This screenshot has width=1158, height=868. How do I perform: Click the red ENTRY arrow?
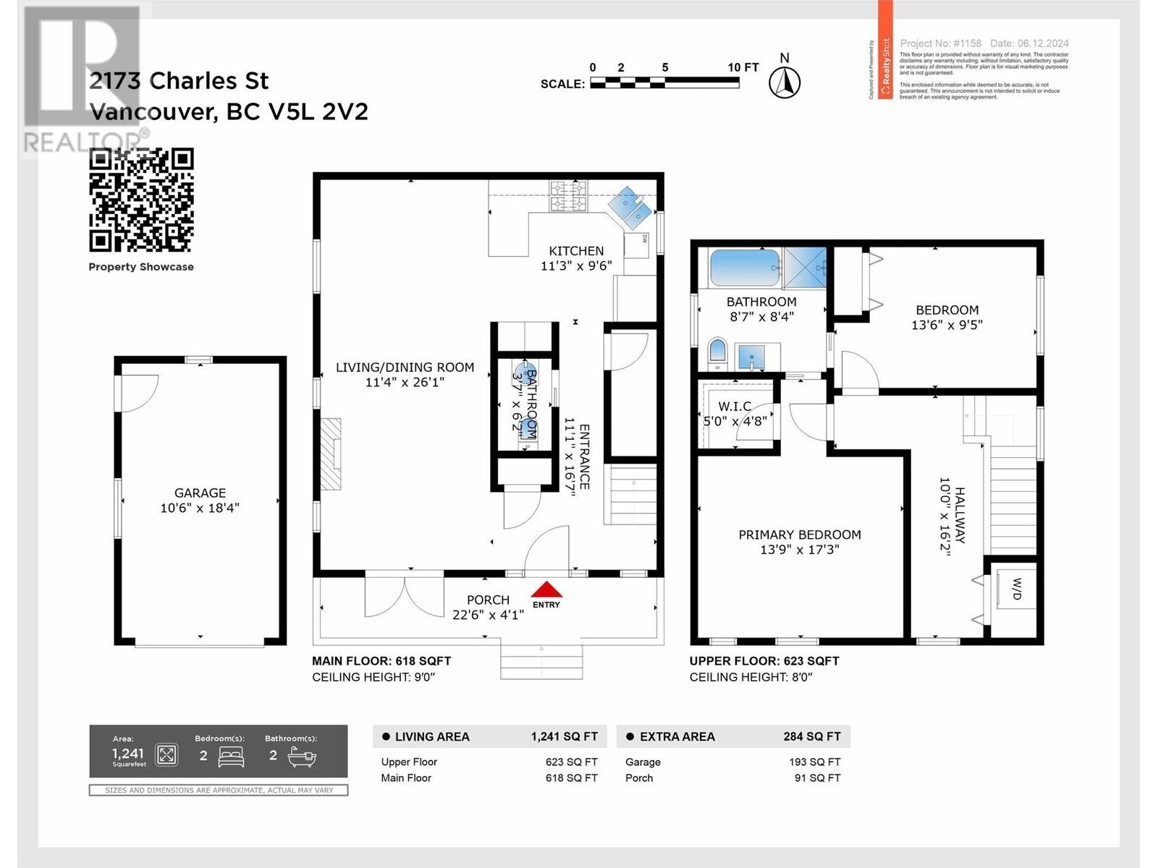(x=546, y=589)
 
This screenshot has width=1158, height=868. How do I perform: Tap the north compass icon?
(x=784, y=82)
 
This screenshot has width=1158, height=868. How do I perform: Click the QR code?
(x=141, y=200)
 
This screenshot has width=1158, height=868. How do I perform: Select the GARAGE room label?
(x=200, y=493)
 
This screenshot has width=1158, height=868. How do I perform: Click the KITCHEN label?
(x=576, y=251)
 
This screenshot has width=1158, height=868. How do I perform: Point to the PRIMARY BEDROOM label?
(x=799, y=535)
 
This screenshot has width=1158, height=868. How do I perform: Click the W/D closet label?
(x=1016, y=589)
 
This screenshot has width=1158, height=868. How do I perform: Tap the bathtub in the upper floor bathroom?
(x=745, y=268)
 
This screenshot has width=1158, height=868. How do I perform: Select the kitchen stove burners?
(x=568, y=196)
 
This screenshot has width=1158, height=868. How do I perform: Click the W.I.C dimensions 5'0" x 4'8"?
(x=735, y=421)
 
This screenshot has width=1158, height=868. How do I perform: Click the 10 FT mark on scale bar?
(x=743, y=67)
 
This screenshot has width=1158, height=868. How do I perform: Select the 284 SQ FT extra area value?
(x=811, y=736)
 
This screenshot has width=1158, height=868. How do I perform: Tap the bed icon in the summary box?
(x=232, y=756)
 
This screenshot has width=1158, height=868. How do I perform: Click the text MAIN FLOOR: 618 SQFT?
(x=381, y=660)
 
